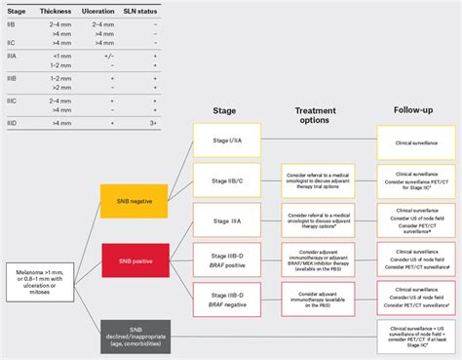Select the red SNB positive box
(135, 260)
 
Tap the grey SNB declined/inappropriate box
(135, 333)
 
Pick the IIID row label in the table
(13, 124)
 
